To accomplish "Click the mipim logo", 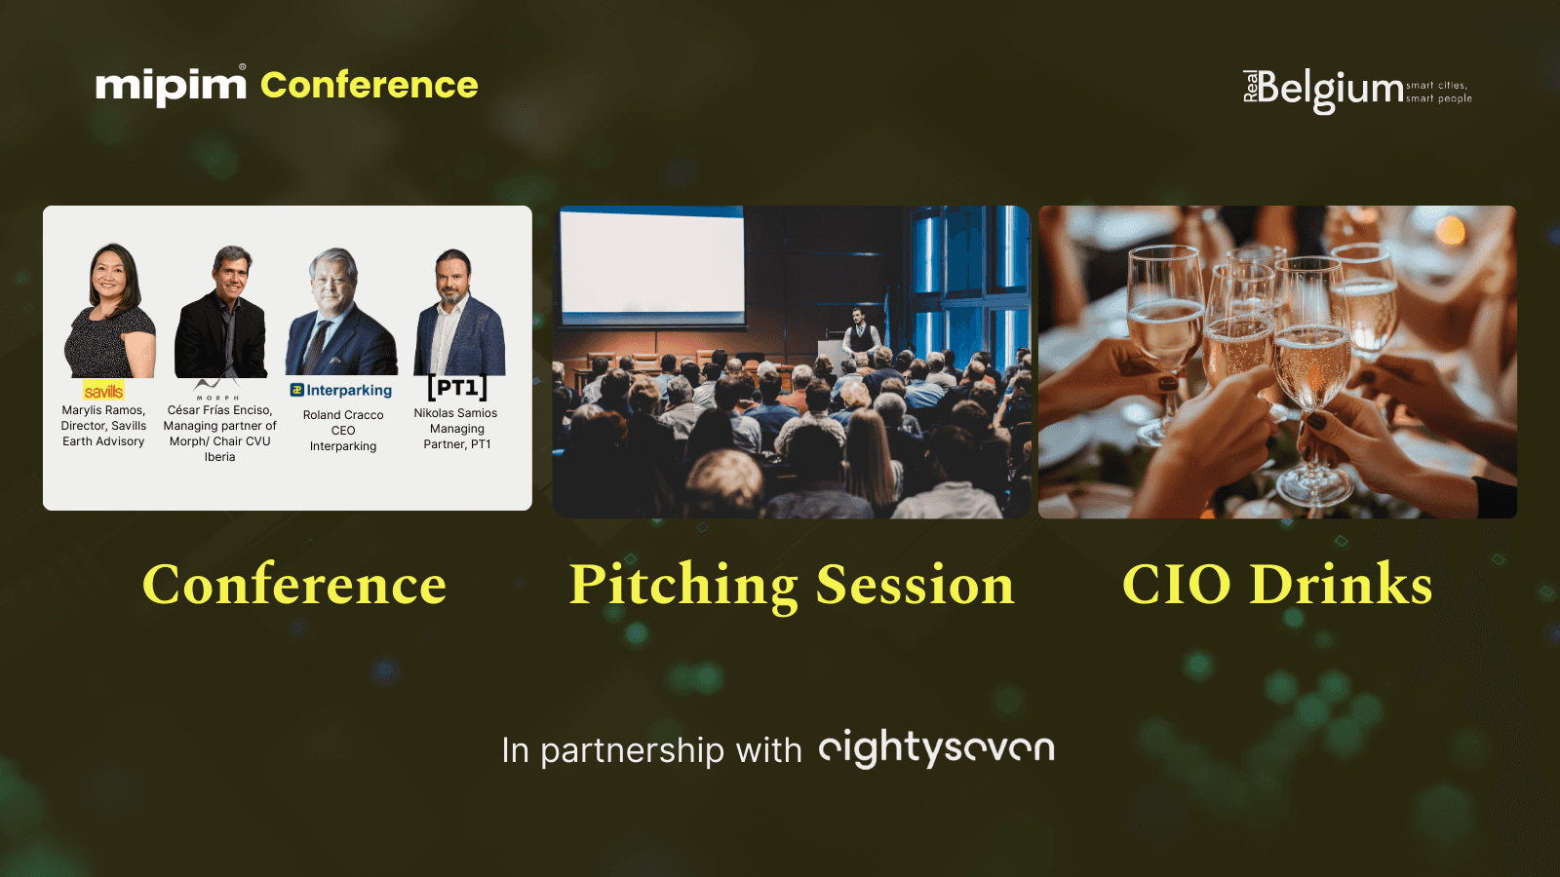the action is (x=172, y=86).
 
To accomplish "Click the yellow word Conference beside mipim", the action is (x=370, y=86).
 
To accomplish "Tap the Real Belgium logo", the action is (x=1357, y=92).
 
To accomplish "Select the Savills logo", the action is (x=103, y=391).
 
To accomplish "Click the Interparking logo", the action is (x=341, y=391).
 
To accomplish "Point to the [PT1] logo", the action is (x=457, y=387).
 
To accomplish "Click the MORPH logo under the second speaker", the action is (x=217, y=391).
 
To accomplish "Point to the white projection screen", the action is (x=652, y=264).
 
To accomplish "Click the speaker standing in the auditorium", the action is (x=861, y=332).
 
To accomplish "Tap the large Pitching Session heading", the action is (x=792, y=586).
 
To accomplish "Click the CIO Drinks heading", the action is (x=1277, y=584).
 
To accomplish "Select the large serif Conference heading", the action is (x=293, y=585).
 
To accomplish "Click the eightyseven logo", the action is (x=937, y=748).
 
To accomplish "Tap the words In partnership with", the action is (x=652, y=750).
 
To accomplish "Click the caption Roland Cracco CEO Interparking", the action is (x=343, y=430).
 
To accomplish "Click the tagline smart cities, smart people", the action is (x=1439, y=92).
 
